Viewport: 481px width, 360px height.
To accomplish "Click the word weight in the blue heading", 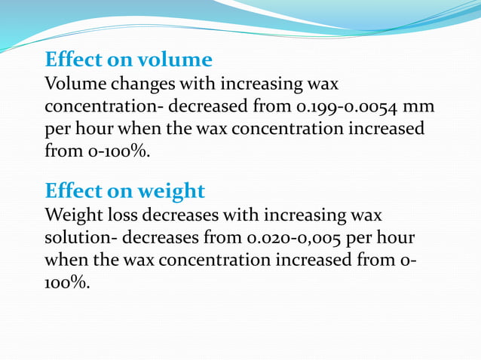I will point(172,190).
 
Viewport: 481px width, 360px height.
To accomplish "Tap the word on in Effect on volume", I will point(123,59).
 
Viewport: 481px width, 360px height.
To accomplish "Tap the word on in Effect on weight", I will point(123,190).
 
